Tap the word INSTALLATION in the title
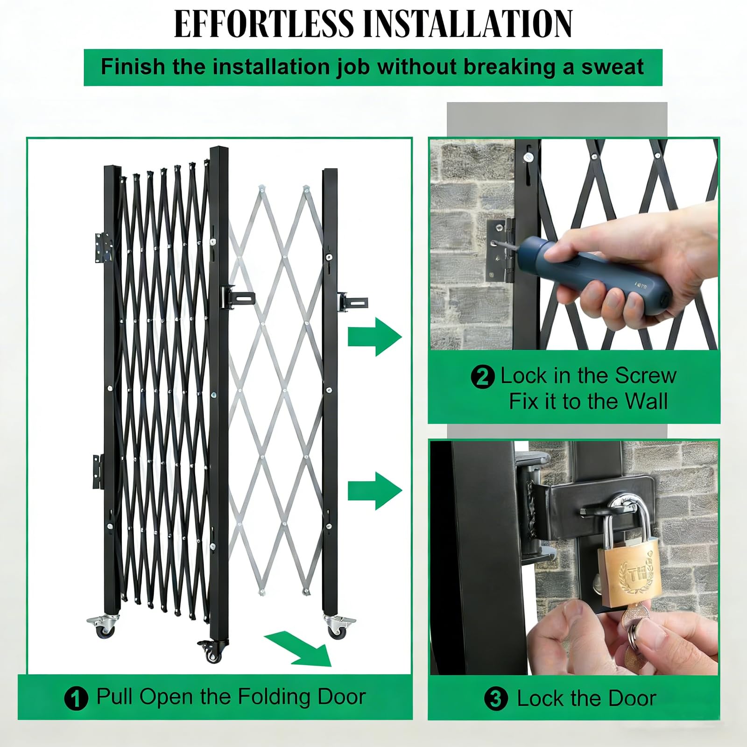467,23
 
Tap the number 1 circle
76,699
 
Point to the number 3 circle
496,699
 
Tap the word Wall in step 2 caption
646,401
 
